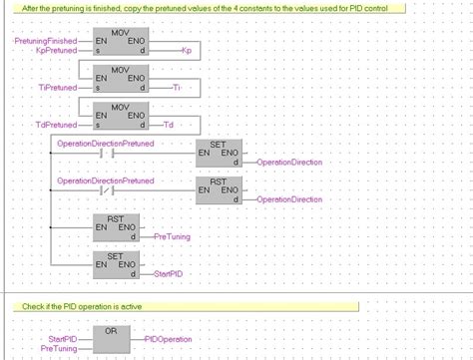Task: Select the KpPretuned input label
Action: pos(55,48)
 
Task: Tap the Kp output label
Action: pos(187,48)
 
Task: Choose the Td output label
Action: pos(168,125)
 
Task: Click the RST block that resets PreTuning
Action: pos(119,226)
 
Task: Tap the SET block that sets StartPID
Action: pos(119,263)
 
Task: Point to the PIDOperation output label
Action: pos(168,340)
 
